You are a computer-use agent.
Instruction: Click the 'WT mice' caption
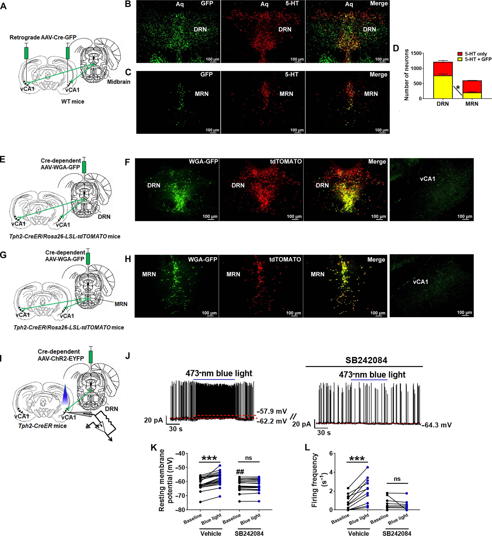(x=73, y=101)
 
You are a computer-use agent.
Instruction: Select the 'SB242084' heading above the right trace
(x=366, y=360)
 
